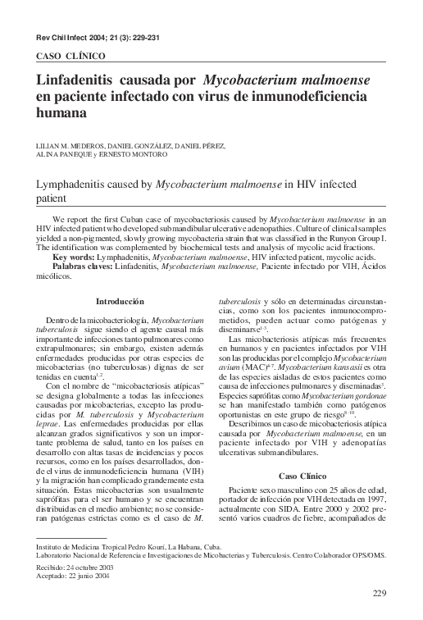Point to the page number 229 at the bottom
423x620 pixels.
[x=378, y=594]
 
